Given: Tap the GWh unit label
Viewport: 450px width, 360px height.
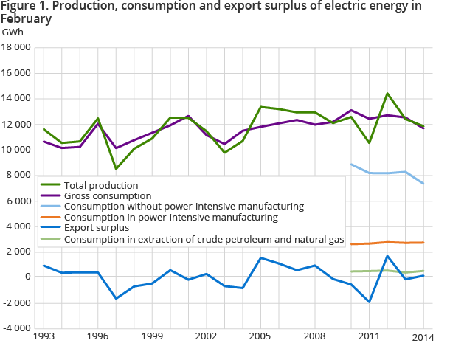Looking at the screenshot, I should pyautogui.click(x=13, y=33).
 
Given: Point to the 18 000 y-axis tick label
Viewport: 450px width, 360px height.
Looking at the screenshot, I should pyautogui.click(x=16, y=47).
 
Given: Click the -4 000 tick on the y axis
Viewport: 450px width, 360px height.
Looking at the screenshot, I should pyautogui.click(x=16, y=328).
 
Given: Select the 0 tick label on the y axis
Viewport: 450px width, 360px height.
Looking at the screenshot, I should pyautogui.click(x=27, y=277).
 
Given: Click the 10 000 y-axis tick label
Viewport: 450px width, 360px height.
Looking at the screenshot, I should pyautogui.click(x=16, y=150).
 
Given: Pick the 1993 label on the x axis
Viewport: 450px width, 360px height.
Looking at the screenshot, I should pyautogui.click(x=44, y=336).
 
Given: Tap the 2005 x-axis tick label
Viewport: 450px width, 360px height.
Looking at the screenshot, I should pyautogui.click(x=261, y=336).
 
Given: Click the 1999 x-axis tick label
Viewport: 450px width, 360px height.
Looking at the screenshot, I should pyautogui.click(x=152, y=336).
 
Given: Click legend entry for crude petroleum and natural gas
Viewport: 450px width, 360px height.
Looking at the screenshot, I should pyautogui.click(x=204, y=240).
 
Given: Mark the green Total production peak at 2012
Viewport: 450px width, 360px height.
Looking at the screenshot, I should pyautogui.click(x=387, y=94).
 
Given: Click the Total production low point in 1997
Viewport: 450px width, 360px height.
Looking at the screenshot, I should pyautogui.click(x=116, y=169).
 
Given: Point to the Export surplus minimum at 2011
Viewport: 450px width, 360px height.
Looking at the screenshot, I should pyautogui.click(x=369, y=302).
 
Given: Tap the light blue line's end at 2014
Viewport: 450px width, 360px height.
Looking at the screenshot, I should pyautogui.click(x=423, y=184).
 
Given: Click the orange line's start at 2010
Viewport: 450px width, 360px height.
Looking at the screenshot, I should pyautogui.click(x=351, y=244).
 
